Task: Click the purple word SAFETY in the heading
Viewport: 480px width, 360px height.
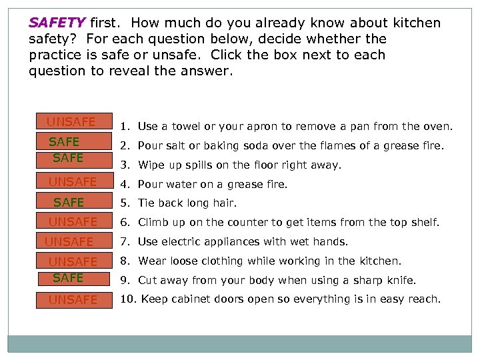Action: pyautogui.click(x=57, y=23)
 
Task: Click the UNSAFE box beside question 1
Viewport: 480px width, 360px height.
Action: pyautogui.click(x=75, y=121)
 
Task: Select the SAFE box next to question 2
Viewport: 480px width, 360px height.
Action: pyautogui.click(x=74, y=141)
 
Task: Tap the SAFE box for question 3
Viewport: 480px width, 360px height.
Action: pyautogui.click(x=75, y=161)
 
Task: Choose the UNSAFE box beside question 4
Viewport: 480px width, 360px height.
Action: pyautogui.click(x=75, y=181)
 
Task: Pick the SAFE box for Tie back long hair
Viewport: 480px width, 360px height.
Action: pyautogui.click(x=75, y=201)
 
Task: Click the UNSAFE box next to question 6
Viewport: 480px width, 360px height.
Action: pyautogui.click(x=75, y=221)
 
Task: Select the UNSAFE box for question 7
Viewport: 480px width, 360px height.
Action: pyautogui.click(x=75, y=240)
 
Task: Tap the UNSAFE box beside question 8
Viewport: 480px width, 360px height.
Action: pyautogui.click(x=75, y=261)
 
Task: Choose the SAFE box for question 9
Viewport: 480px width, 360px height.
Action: pyautogui.click(x=74, y=279)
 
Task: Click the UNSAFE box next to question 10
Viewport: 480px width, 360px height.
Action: pyautogui.click(x=75, y=300)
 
